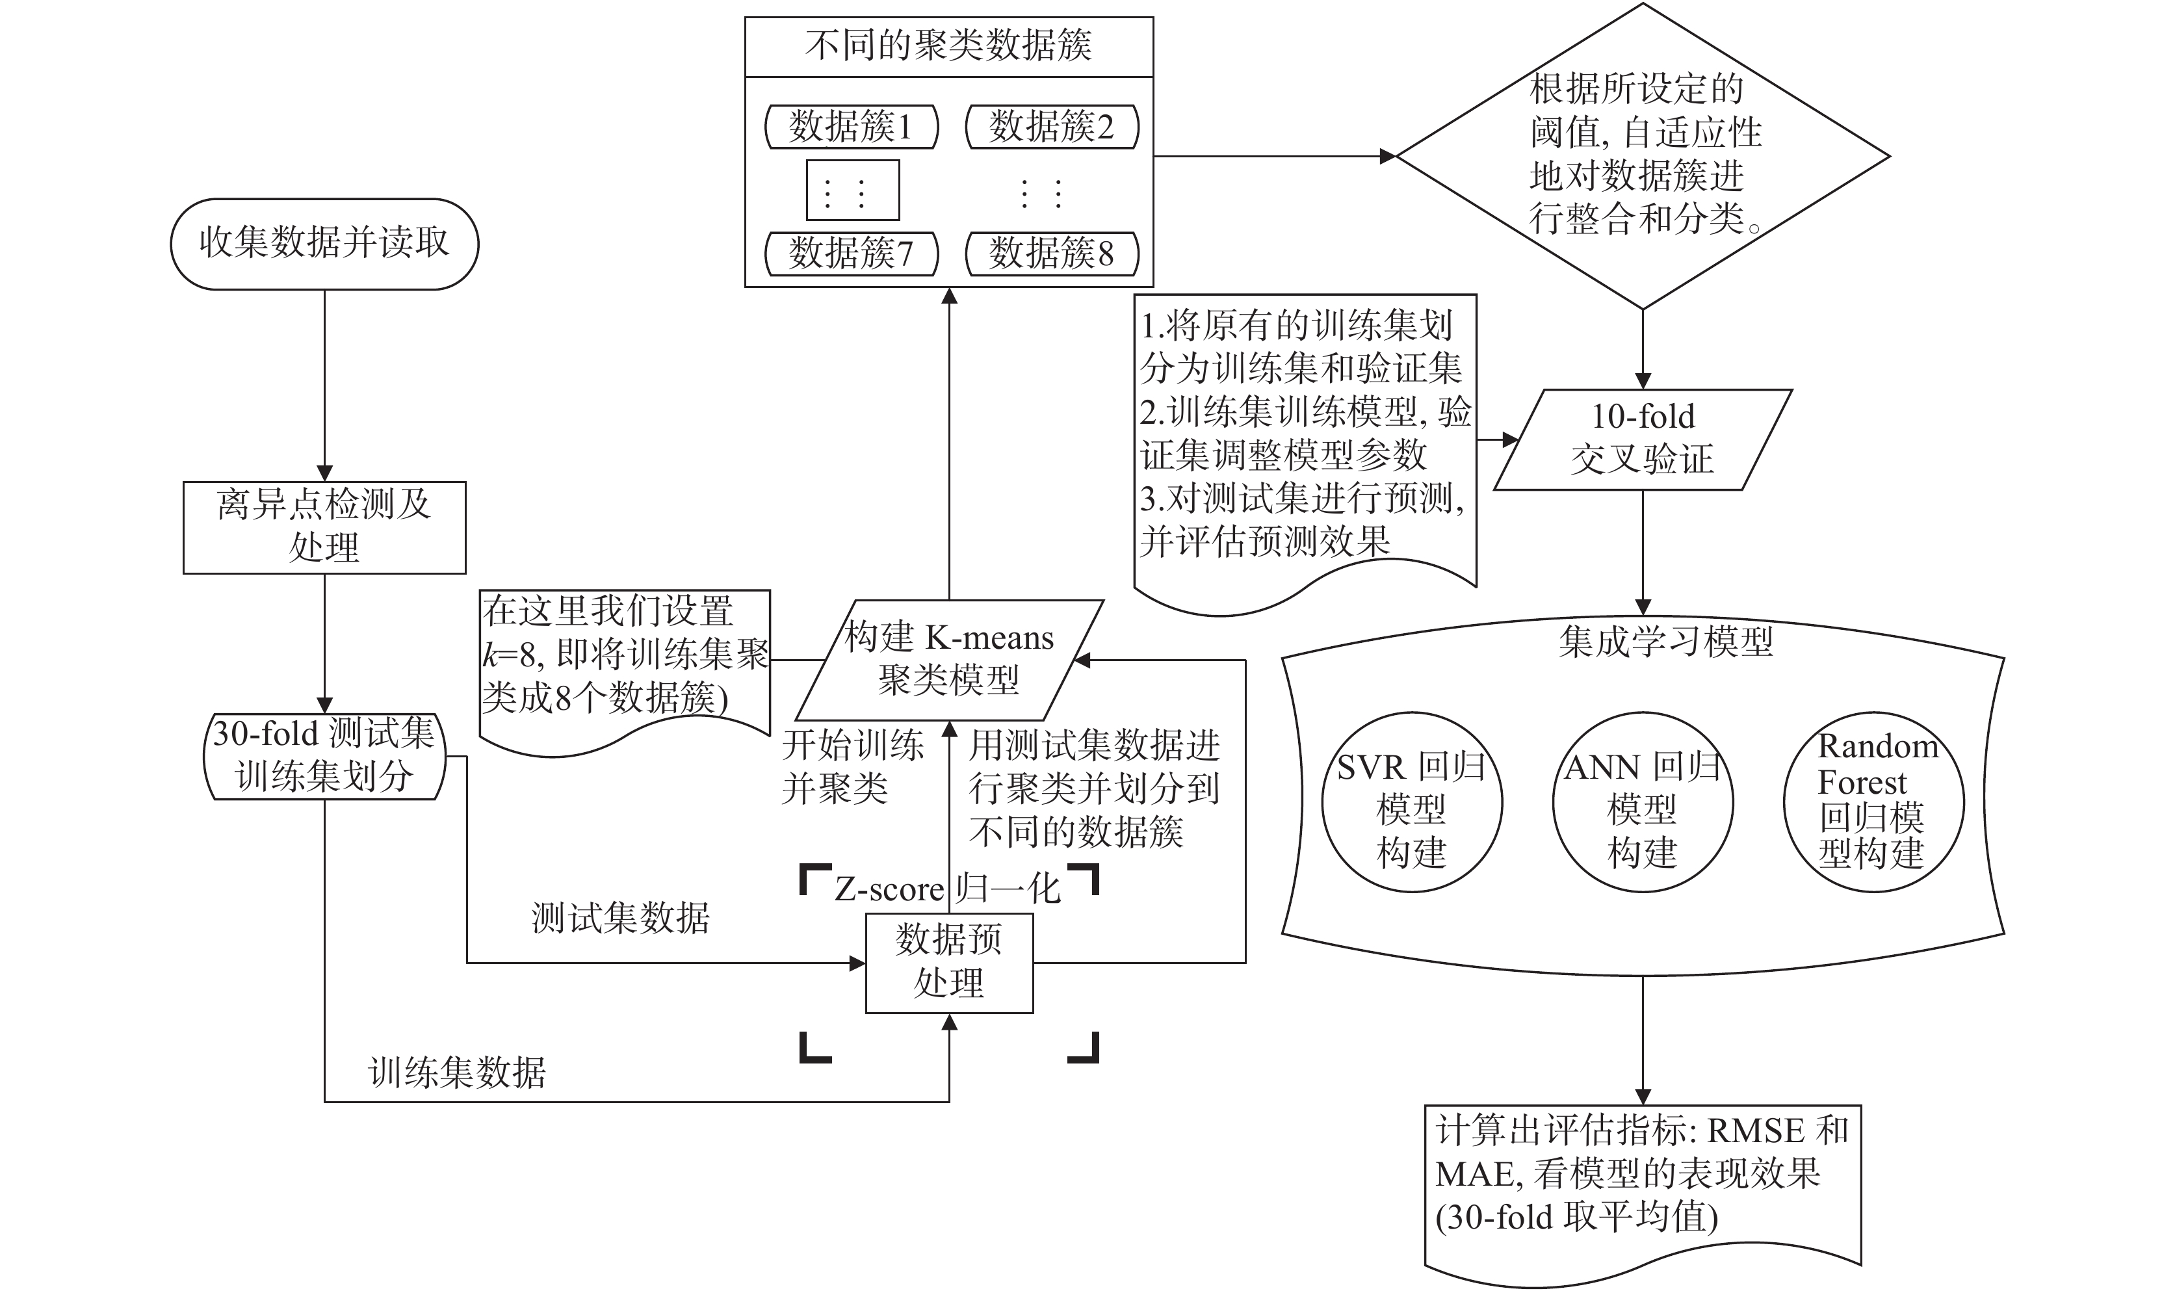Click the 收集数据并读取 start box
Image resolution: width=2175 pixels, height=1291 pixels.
click(x=324, y=244)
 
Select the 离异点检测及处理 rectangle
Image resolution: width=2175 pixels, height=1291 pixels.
click(x=324, y=527)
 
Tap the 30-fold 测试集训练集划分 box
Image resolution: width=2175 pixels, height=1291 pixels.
click(x=324, y=756)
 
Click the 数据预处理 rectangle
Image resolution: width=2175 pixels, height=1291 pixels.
click(x=949, y=962)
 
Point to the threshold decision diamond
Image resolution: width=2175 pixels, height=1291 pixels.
click(x=1642, y=157)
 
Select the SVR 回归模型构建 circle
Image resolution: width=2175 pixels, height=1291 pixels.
click(x=1411, y=803)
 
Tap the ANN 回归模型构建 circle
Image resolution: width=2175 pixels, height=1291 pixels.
click(x=1642, y=803)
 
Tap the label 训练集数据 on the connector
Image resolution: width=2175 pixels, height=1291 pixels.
click(x=458, y=1073)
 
